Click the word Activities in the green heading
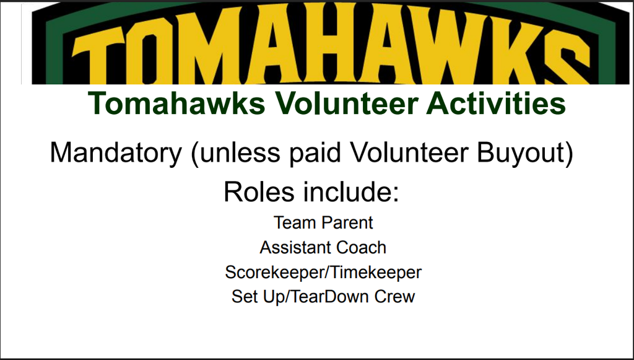(496, 103)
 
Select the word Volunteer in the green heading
(347, 103)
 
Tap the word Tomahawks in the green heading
(176, 103)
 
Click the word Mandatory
(116, 153)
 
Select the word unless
(240, 153)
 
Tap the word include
(348, 191)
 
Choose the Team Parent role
(323, 222)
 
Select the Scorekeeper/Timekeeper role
(323, 272)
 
